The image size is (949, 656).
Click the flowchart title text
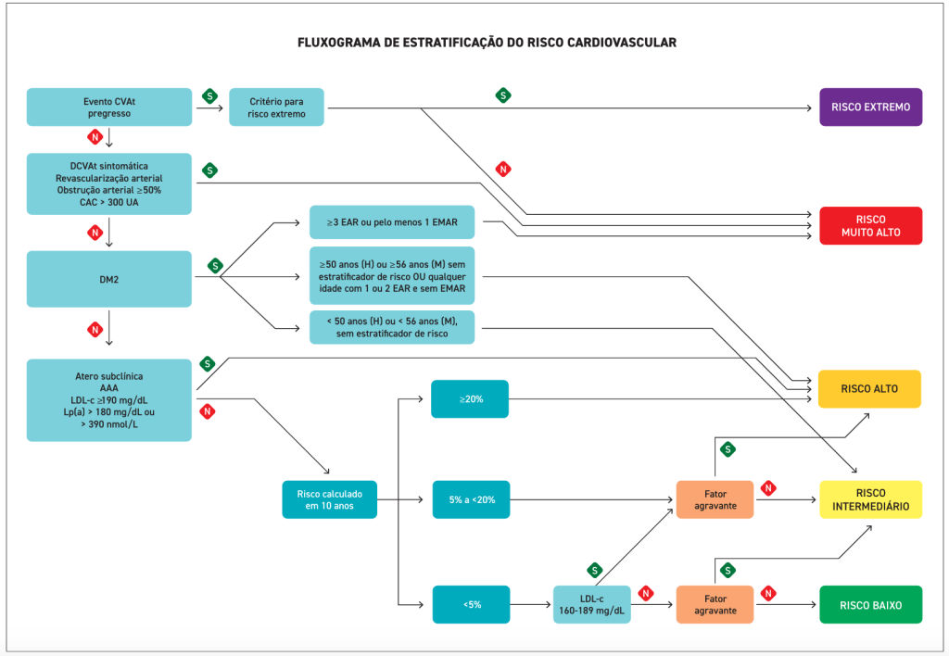click(x=487, y=43)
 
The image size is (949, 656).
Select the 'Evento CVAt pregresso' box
click(x=109, y=107)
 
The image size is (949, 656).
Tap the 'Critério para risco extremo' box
click(x=277, y=107)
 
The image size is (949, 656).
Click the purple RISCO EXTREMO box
click(x=870, y=107)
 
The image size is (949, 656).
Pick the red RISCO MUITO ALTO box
click(x=870, y=225)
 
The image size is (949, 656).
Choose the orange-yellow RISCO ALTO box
click(x=869, y=389)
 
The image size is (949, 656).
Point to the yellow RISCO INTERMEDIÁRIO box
click(x=870, y=499)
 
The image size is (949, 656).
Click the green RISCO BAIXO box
click(x=870, y=604)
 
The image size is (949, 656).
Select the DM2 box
click(x=109, y=279)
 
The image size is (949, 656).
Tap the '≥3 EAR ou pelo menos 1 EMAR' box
click(x=392, y=222)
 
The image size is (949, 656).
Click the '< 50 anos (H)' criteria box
click(x=392, y=327)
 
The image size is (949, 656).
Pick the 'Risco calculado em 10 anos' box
click(x=330, y=499)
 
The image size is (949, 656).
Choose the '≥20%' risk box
click(x=470, y=398)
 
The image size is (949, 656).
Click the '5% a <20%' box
click(x=470, y=499)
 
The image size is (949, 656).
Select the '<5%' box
click(x=470, y=604)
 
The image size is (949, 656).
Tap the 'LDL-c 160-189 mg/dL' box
click(x=591, y=604)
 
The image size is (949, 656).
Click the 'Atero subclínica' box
click(x=109, y=400)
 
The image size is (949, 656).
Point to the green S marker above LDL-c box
click(x=594, y=570)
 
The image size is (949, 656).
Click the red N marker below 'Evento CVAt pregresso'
click(x=94, y=137)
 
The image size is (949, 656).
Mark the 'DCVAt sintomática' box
click(x=109, y=184)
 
